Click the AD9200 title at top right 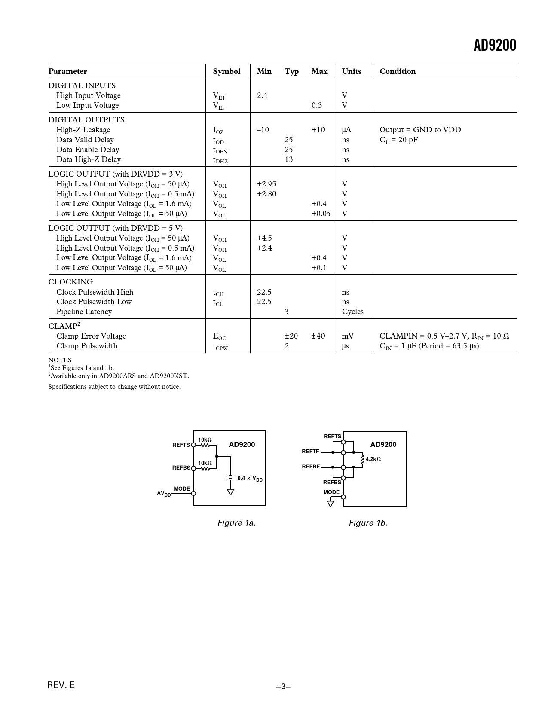(x=494, y=46)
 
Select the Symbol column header (x=227, y=71)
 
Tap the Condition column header (x=398, y=71)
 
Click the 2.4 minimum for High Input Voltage (x=262, y=95)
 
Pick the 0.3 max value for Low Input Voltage (x=317, y=105)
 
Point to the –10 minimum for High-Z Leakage (x=263, y=130)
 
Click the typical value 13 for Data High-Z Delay (x=289, y=159)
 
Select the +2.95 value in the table (x=266, y=184)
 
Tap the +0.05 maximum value (x=321, y=214)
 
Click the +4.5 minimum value (x=264, y=238)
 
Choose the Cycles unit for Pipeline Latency (x=353, y=312)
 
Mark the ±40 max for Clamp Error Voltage (x=318, y=336)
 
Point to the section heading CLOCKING (x=70, y=282)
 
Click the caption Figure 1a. (x=236, y=523)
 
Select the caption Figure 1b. (x=368, y=523)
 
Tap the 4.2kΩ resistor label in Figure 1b (x=373, y=459)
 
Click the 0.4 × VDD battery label (x=250, y=478)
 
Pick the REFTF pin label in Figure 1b (x=310, y=452)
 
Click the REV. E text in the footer (x=61, y=685)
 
